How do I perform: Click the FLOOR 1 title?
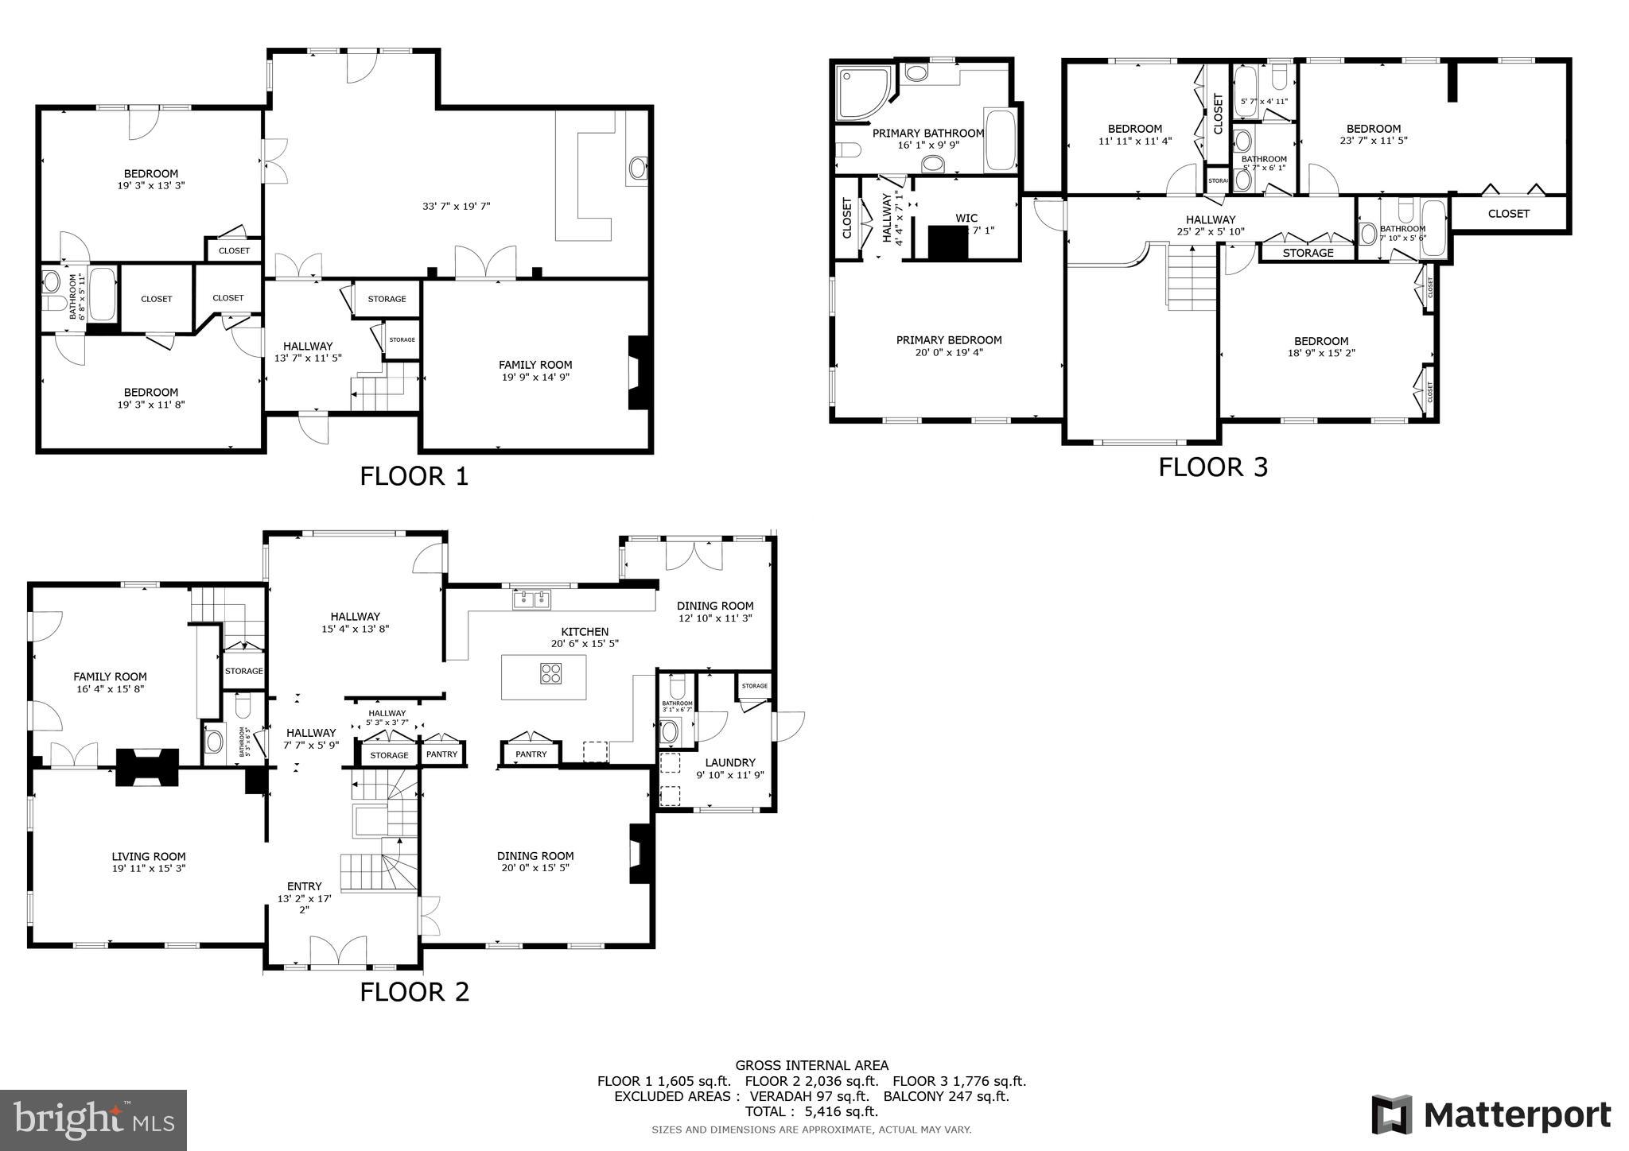point(414,476)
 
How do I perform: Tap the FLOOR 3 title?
point(1212,467)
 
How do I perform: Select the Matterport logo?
point(1491,1114)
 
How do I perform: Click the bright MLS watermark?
point(93,1119)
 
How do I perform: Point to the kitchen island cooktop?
point(550,673)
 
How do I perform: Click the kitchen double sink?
point(531,599)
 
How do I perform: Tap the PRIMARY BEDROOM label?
point(948,340)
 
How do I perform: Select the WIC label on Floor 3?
point(966,218)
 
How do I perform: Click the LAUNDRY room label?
point(729,762)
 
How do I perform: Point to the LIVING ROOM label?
point(149,856)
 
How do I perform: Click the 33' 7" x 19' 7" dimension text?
point(456,207)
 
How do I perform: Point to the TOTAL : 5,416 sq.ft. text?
point(811,1111)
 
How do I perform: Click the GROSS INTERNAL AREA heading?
point(811,1065)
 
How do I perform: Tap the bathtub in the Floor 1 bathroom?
point(103,294)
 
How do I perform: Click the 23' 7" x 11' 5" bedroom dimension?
point(1373,141)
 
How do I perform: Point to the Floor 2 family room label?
point(111,676)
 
